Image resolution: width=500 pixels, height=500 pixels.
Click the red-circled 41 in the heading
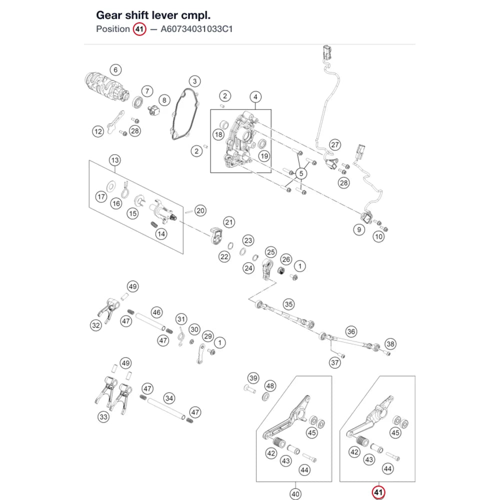[139, 29]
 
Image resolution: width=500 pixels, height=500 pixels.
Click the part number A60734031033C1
[196, 29]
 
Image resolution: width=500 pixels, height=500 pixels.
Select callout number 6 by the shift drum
[115, 70]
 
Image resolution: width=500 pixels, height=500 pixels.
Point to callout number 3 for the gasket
[195, 81]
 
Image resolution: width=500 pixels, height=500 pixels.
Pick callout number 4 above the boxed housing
[255, 97]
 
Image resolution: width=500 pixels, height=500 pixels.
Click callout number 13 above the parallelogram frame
[115, 160]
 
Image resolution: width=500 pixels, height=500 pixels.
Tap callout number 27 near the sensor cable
[335, 145]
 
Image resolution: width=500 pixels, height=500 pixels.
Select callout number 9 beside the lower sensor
[359, 229]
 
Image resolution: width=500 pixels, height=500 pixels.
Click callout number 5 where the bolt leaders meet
[301, 173]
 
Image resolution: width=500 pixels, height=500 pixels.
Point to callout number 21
[229, 222]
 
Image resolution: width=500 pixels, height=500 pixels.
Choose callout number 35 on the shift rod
[288, 304]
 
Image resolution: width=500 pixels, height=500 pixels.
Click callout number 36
[351, 331]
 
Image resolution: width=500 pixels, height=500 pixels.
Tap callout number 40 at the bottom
[295, 494]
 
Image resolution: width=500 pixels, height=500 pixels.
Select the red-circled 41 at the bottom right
[378, 492]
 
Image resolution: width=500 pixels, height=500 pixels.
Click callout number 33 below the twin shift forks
[103, 417]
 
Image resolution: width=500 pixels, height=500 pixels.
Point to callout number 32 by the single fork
[95, 325]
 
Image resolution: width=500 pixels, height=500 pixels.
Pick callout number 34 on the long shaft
[169, 398]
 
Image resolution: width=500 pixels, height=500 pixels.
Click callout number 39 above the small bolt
[253, 378]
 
